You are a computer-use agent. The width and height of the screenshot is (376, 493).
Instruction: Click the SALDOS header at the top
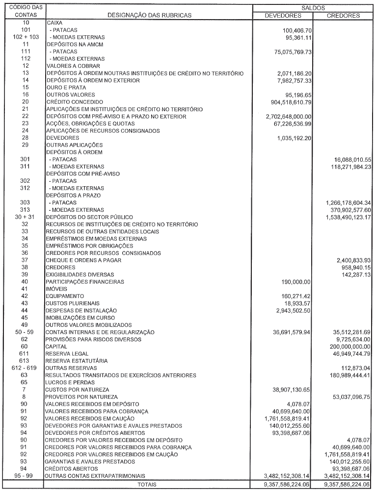[x=313, y=8]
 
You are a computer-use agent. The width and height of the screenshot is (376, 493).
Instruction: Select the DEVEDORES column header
[x=283, y=16]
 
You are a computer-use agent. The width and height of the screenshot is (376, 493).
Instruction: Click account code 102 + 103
[x=26, y=37]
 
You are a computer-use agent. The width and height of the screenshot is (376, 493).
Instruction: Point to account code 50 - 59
[x=26, y=332]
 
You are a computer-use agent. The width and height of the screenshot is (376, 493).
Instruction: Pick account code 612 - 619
[x=26, y=368]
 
